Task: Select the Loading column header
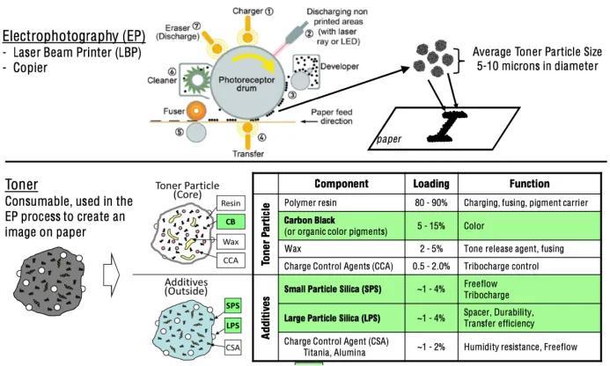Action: coord(430,185)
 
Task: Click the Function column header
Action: coord(530,185)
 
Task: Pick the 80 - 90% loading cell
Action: coord(430,203)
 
